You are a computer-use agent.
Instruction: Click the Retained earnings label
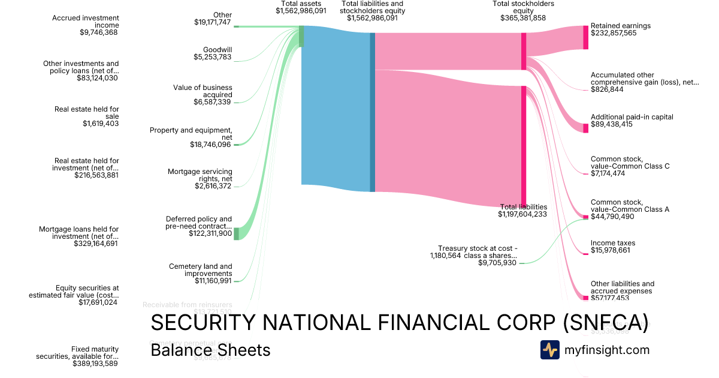coord(620,26)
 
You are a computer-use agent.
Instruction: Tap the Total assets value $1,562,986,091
coord(301,11)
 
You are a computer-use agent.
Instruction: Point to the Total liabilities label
coord(522,206)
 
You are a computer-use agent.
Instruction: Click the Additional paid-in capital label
coord(632,117)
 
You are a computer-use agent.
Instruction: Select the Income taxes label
coord(613,243)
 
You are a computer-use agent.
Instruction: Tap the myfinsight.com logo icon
coord(549,350)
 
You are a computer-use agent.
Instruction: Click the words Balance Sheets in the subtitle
coord(210,350)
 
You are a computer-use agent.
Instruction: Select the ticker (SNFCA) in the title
coord(606,323)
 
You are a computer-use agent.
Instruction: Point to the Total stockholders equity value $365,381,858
coord(523,18)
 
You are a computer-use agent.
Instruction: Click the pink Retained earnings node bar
coord(586,37)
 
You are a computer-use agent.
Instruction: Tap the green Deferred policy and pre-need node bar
coord(236,233)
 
